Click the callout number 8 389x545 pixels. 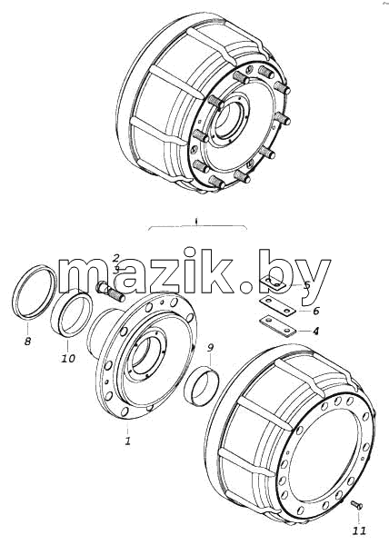(x=28, y=341)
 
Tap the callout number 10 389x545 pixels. (x=68, y=358)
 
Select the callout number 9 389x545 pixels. (x=210, y=348)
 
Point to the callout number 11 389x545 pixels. (x=359, y=530)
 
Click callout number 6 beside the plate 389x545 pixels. (x=315, y=311)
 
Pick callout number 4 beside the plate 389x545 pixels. (x=315, y=331)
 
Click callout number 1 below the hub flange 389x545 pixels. (x=128, y=441)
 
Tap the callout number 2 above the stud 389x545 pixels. (x=116, y=258)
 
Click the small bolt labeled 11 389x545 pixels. (x=356, y=504)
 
